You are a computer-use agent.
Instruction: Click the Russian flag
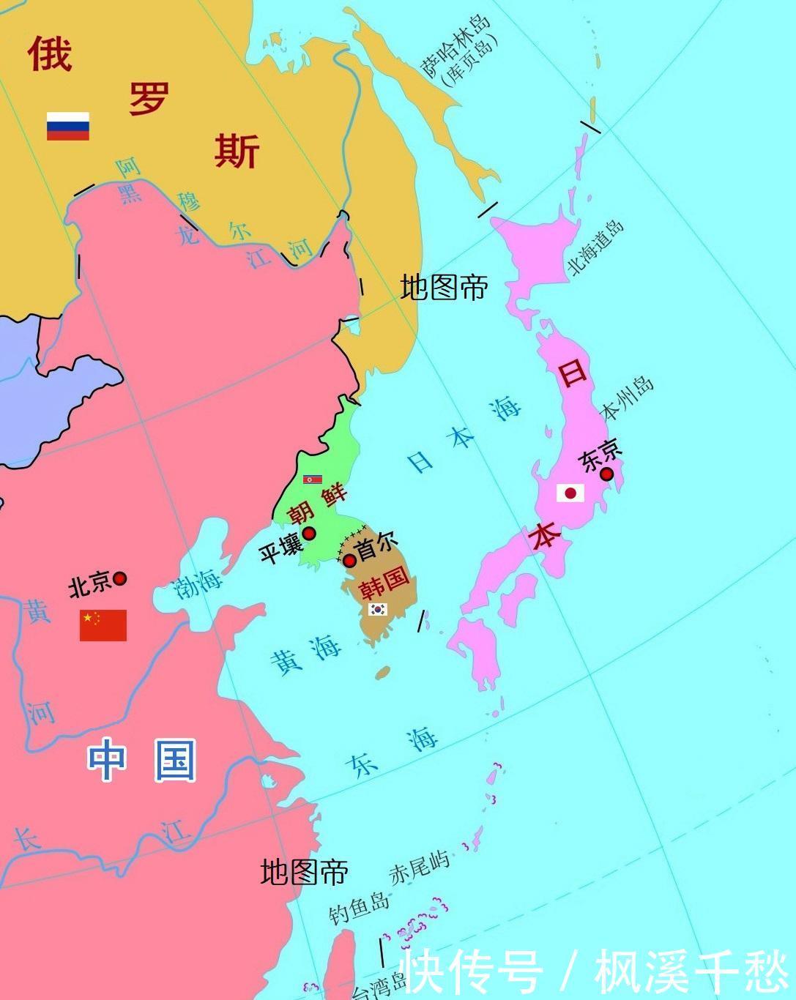click(x=68, y=126)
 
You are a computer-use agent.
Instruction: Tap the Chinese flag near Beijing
click(x=103, y=625)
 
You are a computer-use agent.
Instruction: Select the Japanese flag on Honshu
click(x=570, y=493)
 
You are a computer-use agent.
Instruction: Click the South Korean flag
click(x=378, y=608)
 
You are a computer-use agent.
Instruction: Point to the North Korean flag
click(x=313, y=480)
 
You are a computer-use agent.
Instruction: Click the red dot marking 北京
click(x=119, y=578)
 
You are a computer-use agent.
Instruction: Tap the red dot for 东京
click(x=606, y=474)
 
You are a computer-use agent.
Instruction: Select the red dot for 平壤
click(x=309, y=533)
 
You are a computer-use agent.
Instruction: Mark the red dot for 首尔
click(x=350, y=561)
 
